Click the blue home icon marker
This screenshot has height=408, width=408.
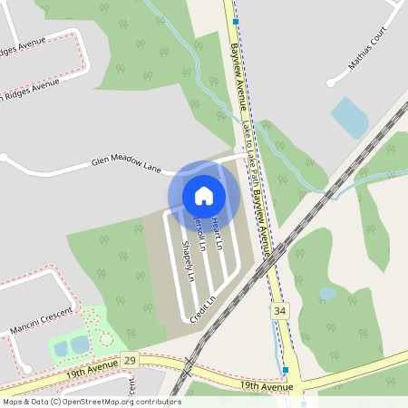(x=204, y=195)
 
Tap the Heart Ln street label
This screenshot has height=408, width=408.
(x=217, y=235)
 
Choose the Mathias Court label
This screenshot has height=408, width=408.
(x=374, y=56)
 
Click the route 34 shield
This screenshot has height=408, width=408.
(x=279, y=311)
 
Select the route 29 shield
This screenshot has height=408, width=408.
(x=130, y=361)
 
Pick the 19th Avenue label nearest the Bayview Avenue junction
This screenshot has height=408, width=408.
(x=267, y=387)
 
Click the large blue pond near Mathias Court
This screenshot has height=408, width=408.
(x=349, y=117)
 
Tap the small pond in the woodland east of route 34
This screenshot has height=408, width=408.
(x=327, y=294)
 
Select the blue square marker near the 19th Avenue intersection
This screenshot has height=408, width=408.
(x=285, y=370)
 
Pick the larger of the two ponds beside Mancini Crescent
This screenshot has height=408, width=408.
(x=80, y=344)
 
